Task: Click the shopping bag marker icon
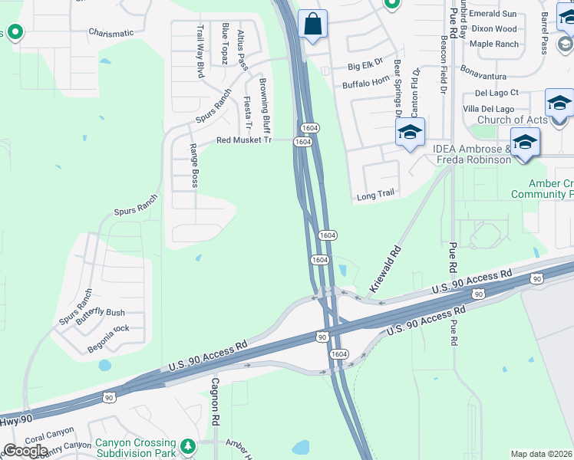[312, 24]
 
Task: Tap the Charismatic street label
[111, 33]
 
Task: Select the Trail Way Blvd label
[200, 51]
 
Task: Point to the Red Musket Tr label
[244, 140]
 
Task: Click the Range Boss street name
[194, 166]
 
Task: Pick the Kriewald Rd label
[385, 268]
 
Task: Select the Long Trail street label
[375, 195]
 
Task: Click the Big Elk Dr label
[365, 67]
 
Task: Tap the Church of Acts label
[512, 120]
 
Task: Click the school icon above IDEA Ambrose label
[525, 142]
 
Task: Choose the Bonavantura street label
[483, 77]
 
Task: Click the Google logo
[25, 451]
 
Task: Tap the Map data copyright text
[542, 454]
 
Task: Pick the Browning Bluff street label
[265, 104]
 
